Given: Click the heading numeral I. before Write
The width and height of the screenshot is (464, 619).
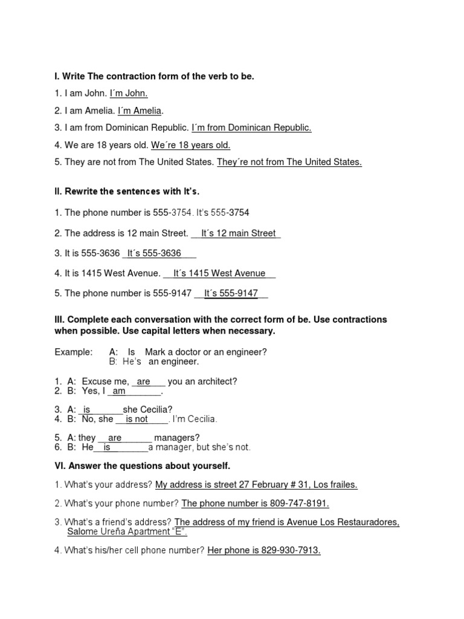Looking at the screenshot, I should click(57, 76).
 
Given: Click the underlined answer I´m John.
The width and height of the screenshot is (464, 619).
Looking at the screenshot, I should click(129, 93).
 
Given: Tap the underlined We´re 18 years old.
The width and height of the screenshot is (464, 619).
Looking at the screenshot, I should click(190, 145).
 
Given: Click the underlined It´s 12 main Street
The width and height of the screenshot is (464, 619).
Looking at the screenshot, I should click(239, 233).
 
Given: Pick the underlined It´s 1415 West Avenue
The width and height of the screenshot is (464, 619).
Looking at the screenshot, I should click(219, 273).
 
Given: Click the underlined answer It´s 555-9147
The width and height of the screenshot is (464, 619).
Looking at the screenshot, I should click(231, 293).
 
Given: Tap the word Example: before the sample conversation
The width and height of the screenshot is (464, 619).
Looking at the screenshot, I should click(74, 352).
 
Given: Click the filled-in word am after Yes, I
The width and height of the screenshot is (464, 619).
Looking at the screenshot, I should click(120, 391).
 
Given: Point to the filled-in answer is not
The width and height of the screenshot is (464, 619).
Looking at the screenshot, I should click(137, 419).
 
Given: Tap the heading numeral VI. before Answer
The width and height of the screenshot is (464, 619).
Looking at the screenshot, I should click(60, 466).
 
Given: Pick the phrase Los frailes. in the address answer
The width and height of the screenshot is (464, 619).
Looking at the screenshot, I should click(335, 485).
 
